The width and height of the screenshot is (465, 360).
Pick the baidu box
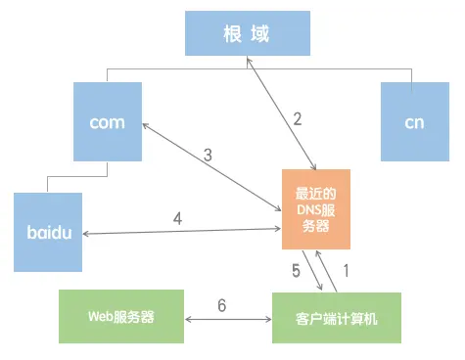(x=48, y=232)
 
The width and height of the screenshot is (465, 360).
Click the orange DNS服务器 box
(x=315, y=208)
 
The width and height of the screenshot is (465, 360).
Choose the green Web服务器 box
(x=121, y=317)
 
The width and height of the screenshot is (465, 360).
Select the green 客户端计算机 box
(x=336, y=317)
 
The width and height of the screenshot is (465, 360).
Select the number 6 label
(x=221, y=306)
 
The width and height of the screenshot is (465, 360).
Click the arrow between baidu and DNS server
(x=182, y=233)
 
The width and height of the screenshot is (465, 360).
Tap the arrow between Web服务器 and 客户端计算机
(x=227, y=319)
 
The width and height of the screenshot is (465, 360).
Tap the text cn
(x=414, y=122)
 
